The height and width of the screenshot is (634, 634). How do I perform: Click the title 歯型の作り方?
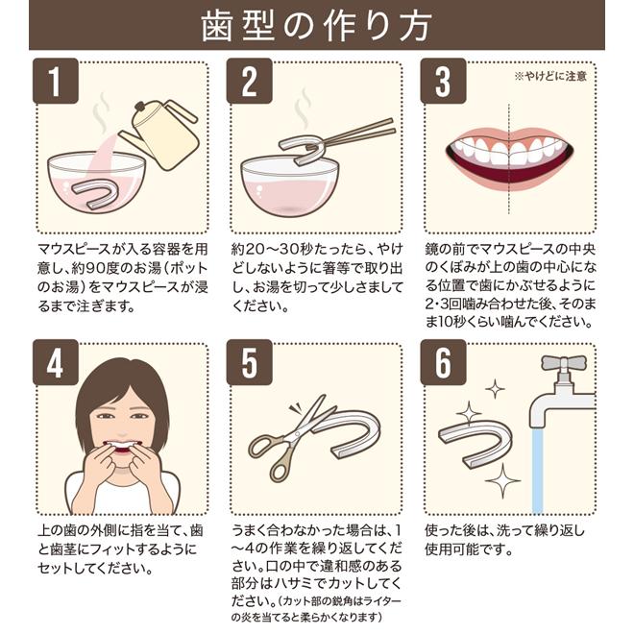[x=316, y=26]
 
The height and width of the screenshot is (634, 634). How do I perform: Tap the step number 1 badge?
[x=56, y=81]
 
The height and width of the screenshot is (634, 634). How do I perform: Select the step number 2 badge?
[x=249, y=81]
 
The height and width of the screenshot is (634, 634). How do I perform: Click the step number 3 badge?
[x=443, y=81]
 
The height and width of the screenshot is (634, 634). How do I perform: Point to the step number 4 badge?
[x=56, y=362]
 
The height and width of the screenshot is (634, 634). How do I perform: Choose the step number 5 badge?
[x=249, y=362]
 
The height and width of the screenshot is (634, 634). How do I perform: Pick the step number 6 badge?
[x=443, y=362]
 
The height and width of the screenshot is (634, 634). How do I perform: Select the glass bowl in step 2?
[x=289, y=186]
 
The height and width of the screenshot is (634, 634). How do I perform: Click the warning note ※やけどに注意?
[x=550, y=76]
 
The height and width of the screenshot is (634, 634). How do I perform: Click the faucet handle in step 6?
[x=564, y=363]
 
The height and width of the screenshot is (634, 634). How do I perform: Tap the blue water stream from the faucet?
[x=537, y=471]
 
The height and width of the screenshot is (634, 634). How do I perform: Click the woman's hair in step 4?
[x=121, y=388]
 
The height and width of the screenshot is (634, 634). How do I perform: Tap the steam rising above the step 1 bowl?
[x=100, y=113]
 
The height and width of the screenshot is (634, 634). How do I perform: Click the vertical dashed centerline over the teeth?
[x=509, y=158]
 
